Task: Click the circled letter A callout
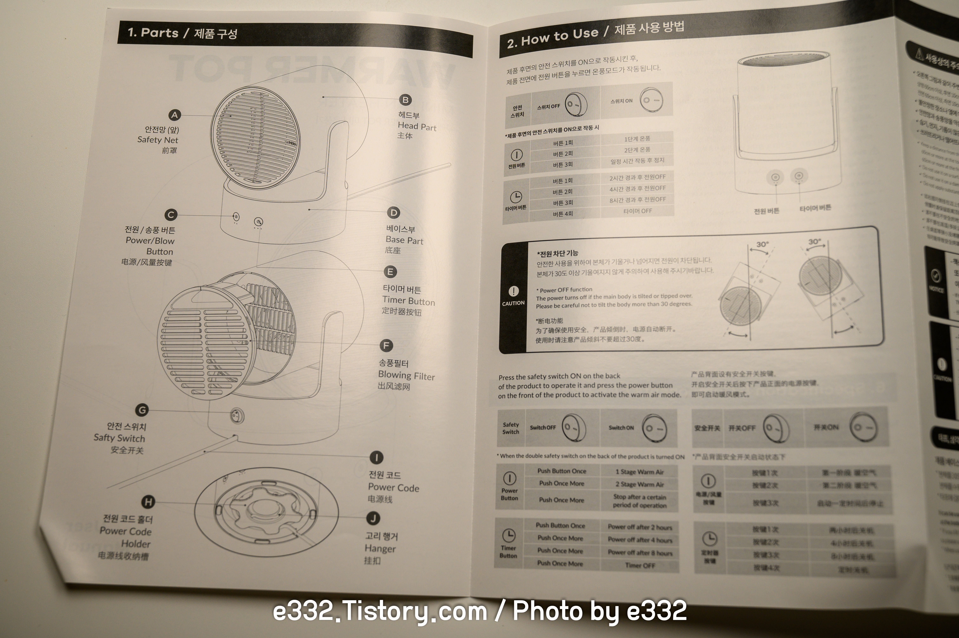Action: point(175,115)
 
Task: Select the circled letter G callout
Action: point(142,410)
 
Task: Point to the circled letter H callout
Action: point(148,502)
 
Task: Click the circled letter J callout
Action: point(373,518)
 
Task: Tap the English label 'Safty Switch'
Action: point(119,438)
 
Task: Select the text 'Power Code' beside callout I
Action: point(393,487)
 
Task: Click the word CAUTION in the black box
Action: point(513,303)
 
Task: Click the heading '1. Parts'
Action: point(153,33)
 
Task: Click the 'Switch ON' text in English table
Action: point(621,428)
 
